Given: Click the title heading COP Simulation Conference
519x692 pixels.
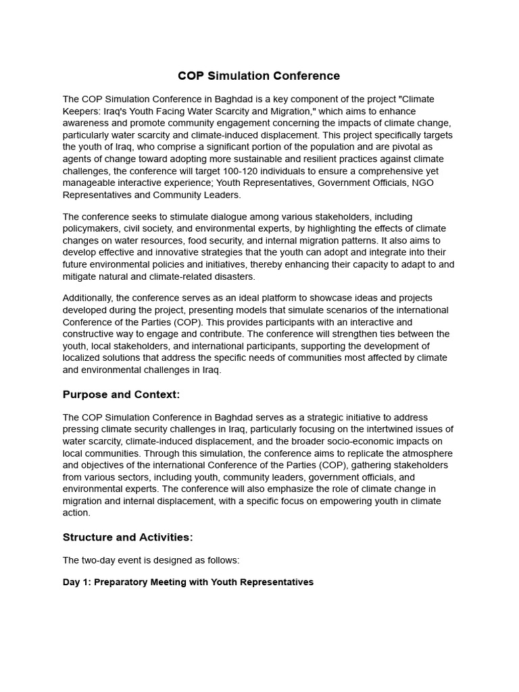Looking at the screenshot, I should tap(259, 76).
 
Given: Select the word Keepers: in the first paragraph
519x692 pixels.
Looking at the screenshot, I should tap(82, 111).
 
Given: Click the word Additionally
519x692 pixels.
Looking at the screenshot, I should tap(88, 298).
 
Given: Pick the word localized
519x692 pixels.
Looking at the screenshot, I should tap(83, 358).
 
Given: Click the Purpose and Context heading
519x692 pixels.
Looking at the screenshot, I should tap(121, 395).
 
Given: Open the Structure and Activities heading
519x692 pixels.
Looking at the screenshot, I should tap(128, 537).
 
